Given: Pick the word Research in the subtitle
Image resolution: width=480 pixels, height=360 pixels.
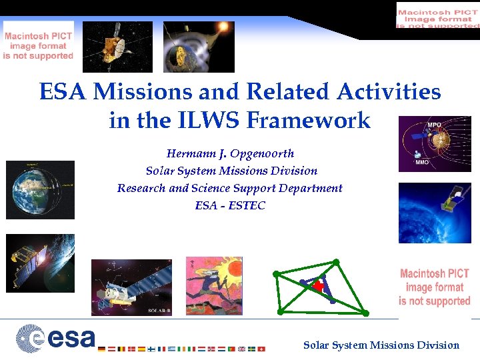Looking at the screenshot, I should point(141,188).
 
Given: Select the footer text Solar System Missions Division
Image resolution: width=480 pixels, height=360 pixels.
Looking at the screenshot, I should point(381,345).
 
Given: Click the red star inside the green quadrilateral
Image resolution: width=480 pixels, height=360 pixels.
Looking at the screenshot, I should point(319,286).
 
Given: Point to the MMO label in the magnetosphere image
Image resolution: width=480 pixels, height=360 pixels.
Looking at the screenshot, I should point(422,161).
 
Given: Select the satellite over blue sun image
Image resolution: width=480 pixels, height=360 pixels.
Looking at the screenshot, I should point(434,213).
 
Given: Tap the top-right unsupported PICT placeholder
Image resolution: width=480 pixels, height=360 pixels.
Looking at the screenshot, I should point(437,15).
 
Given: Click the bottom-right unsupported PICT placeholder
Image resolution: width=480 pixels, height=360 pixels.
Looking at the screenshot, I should point(435,287).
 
